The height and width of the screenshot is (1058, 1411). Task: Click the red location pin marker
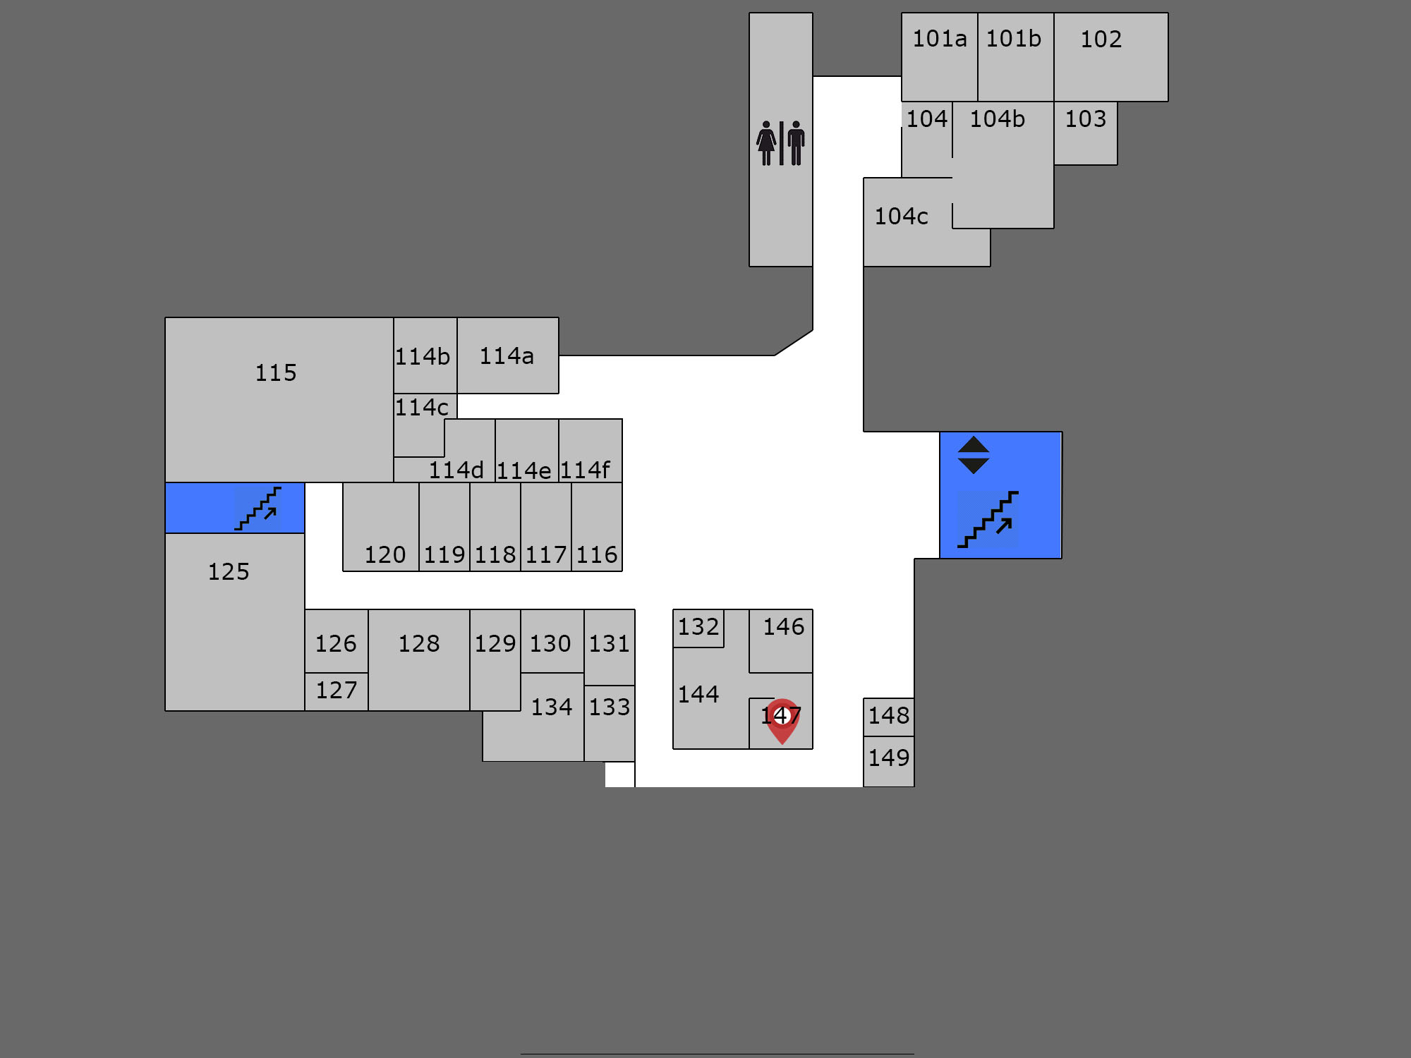click(x=782, y=720)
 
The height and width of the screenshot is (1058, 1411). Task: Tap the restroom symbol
click(x=781, y=143)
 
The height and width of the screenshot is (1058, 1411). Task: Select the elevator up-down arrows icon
click(x=974, y=455)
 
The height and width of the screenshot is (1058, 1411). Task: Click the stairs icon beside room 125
click(x=258, y=509)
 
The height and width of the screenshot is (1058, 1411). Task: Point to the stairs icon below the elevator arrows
click(x=988, y=519)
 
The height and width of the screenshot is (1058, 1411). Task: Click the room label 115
click(x=276, y=372)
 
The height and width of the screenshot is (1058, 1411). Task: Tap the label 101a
click(x=940, y=39)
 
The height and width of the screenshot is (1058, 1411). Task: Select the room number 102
click(x=1101, y=39)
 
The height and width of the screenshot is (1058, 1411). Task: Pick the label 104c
click(x=902, y=217)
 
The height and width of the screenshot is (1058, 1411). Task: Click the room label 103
click(x=1086, y=119)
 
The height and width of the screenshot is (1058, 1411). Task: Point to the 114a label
click(x=507, y=356)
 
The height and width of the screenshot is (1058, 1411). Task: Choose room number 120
click(x=385, y=555)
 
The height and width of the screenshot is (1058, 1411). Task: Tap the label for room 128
click(x=419, y=644)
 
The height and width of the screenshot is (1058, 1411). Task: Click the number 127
click(x=337, y=691)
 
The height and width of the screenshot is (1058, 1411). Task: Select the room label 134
click(x=552, y=707)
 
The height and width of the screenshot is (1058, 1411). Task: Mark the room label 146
click(x=784, y=627)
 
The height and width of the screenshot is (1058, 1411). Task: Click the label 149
click(x=889, y=758)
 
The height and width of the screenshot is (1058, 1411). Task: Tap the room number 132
click(x=698, y=627)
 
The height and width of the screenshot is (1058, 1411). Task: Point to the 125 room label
click(x=229, y=572)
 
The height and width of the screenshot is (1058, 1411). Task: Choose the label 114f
click(x=586, y=470)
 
